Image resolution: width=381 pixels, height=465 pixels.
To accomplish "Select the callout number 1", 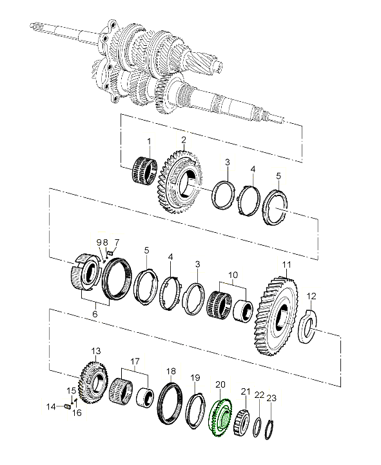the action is pos(149,141).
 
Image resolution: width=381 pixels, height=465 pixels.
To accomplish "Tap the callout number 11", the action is pos(287,264).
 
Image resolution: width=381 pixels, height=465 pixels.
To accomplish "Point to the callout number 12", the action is pos(311,296).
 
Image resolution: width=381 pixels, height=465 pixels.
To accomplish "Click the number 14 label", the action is pos(51,406).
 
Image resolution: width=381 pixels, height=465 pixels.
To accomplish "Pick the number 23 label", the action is pos(271,398).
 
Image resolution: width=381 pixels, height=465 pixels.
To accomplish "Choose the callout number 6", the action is pos(95,313).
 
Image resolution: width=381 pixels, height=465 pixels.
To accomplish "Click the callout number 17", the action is pos(135,362).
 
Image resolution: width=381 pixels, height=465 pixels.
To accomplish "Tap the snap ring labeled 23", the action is pos(269,430).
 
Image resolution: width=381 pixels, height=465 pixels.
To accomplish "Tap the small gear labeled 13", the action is pos(93,382).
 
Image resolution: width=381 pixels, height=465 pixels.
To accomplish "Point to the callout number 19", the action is pos(195,378).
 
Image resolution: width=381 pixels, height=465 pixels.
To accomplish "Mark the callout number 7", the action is pos(117,242).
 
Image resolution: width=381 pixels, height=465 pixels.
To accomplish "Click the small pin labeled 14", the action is pos(67,406).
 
